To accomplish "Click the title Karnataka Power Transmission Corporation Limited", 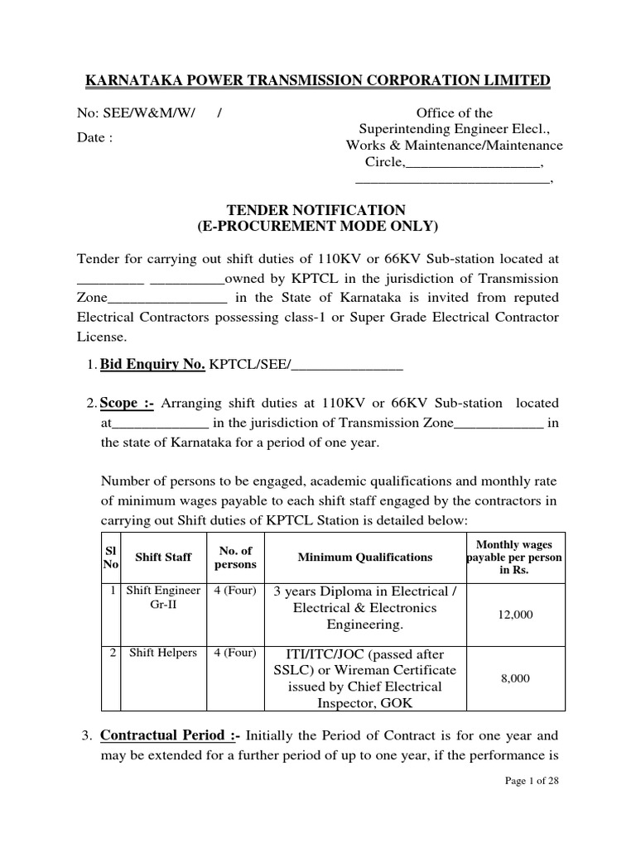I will tap(318, 80).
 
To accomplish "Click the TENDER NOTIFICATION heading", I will tap(317, 210).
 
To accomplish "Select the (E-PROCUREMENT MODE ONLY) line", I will tap(317, 227).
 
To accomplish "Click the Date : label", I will tap(95, 138).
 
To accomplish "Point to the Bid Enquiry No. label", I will tap(152, 363).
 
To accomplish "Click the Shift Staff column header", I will tap(163, 557).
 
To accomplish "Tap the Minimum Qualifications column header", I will tap(365, 557).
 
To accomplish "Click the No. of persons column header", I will tap(235, 557).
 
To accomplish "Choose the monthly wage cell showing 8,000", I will tap(515, 678).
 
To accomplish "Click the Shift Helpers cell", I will tap(163, 653).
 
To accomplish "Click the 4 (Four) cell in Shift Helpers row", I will tap(235, 653).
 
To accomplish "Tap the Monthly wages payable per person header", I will tap(515, 557).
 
